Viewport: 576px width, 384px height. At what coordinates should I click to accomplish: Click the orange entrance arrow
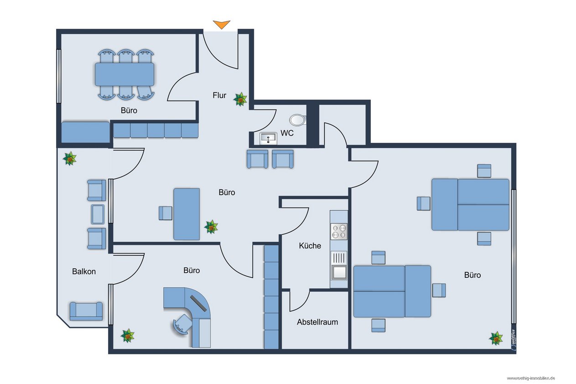tap(221, 25)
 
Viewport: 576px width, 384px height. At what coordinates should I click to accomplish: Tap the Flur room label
tap(219, 95)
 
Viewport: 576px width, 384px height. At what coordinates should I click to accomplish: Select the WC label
tap(287, 133)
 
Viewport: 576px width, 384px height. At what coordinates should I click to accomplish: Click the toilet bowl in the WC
tap(298, 120)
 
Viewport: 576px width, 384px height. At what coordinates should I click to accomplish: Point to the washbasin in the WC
tap(268, 139)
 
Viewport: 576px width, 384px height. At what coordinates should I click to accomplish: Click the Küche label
tap(310, 246)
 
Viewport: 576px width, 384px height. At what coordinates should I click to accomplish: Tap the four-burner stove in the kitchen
tap(339, 232)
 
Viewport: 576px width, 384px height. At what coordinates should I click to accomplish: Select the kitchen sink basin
tap(339, 272)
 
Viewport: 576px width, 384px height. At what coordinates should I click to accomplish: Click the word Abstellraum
tap(317, 322)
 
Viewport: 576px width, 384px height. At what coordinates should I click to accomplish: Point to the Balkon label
tap(84, 271)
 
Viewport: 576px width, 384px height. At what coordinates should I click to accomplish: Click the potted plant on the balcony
tap(70, 158)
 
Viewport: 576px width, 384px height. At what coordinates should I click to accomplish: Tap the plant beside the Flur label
tap(240, 99)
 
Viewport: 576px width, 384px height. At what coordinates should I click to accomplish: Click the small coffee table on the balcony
tap(98, 214)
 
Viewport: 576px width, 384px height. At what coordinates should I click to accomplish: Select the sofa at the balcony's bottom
tap(86, 311)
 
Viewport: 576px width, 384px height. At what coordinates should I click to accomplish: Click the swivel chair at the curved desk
tap(182, 324)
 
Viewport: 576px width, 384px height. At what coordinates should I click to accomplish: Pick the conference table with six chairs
tap(125, 74)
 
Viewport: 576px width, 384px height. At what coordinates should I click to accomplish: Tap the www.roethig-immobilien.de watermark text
tap(531, 378)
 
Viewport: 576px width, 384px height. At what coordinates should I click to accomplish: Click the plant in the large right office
tap(496, 338)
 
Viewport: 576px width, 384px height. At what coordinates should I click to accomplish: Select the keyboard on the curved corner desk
tap(198, 304)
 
